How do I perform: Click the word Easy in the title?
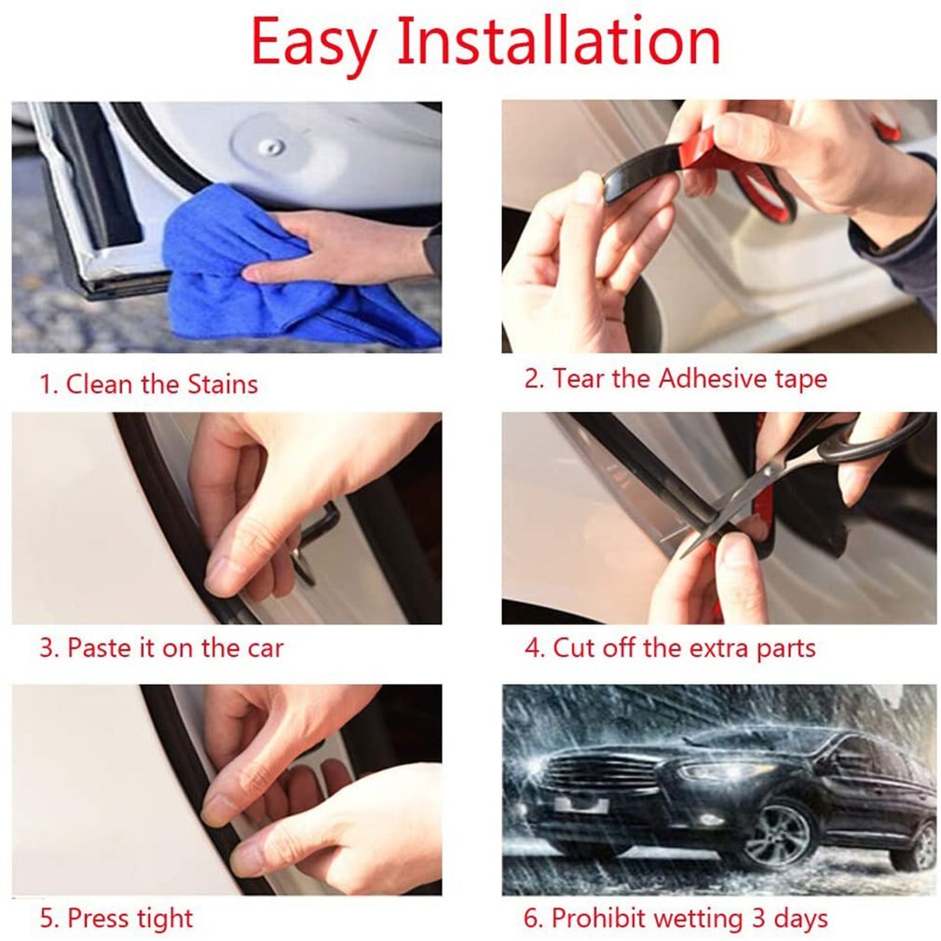(x=313, y=42)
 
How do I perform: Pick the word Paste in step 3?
(x=99, y=648)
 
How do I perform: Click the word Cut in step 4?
(x=574, y=648)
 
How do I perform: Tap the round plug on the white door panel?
(x=271, y=146)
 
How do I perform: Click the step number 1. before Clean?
(x=48, y=384)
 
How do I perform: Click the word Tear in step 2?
(x=578, y=379)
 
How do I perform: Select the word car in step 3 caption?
(x=266, y=648)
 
